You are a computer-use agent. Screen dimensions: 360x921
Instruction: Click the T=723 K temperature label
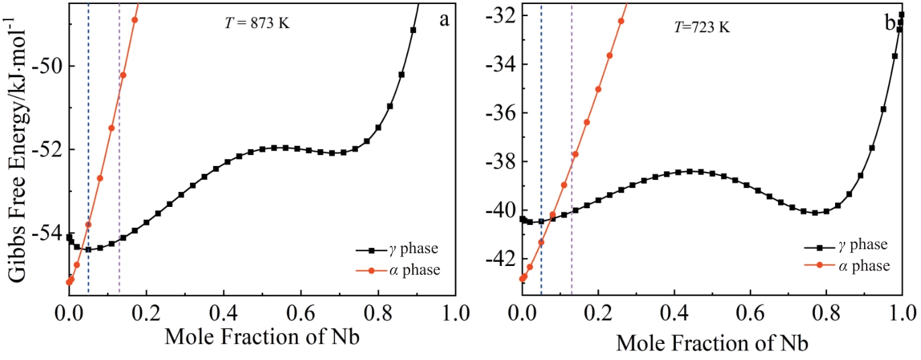(701, 28)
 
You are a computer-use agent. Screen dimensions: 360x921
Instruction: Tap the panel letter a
(444, 19)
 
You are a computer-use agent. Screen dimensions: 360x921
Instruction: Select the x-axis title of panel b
(712, 343)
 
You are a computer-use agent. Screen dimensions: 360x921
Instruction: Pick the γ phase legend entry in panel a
(396, 249)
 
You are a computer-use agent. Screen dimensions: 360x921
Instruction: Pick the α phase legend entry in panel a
(396, 270)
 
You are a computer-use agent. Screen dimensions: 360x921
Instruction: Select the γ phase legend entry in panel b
(846, 244)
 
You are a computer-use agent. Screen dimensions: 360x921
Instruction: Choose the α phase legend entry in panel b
(846, 266)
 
